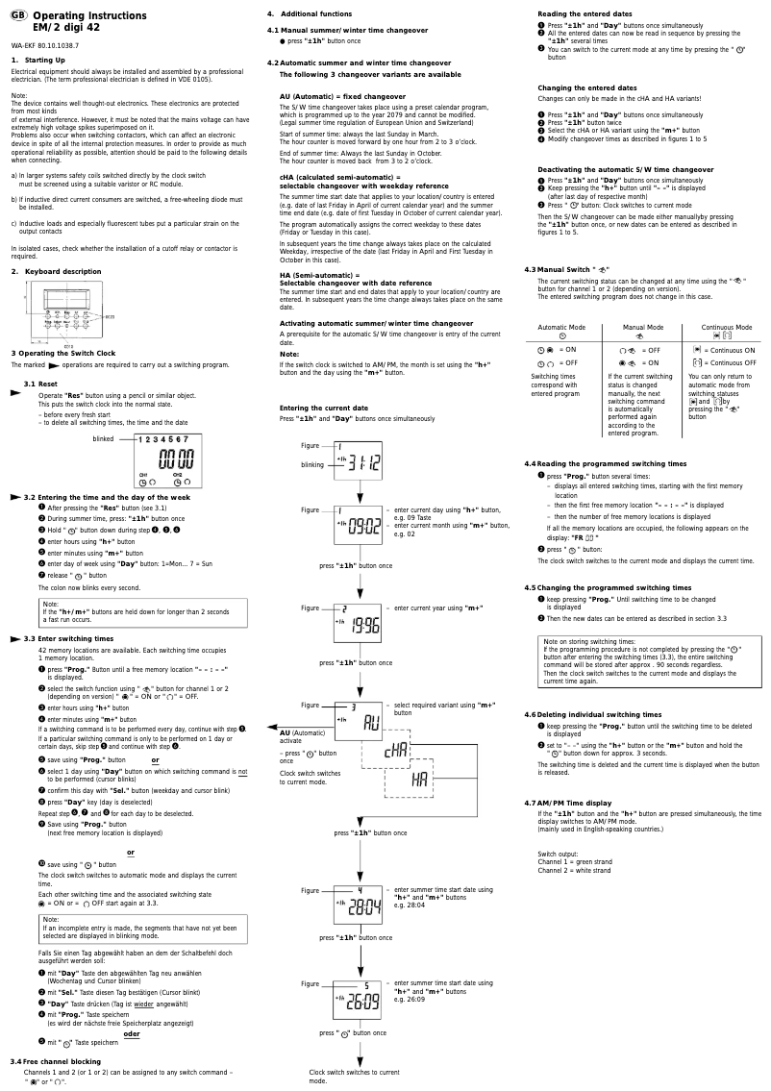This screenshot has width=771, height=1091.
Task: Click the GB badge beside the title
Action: click(x=18, y=16)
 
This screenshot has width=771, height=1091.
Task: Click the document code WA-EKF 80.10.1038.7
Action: click(x=44, y=45)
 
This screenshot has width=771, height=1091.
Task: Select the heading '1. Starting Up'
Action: click(x=33, y=61)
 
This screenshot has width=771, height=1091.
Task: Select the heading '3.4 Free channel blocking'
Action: click(x=55, y=1061)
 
